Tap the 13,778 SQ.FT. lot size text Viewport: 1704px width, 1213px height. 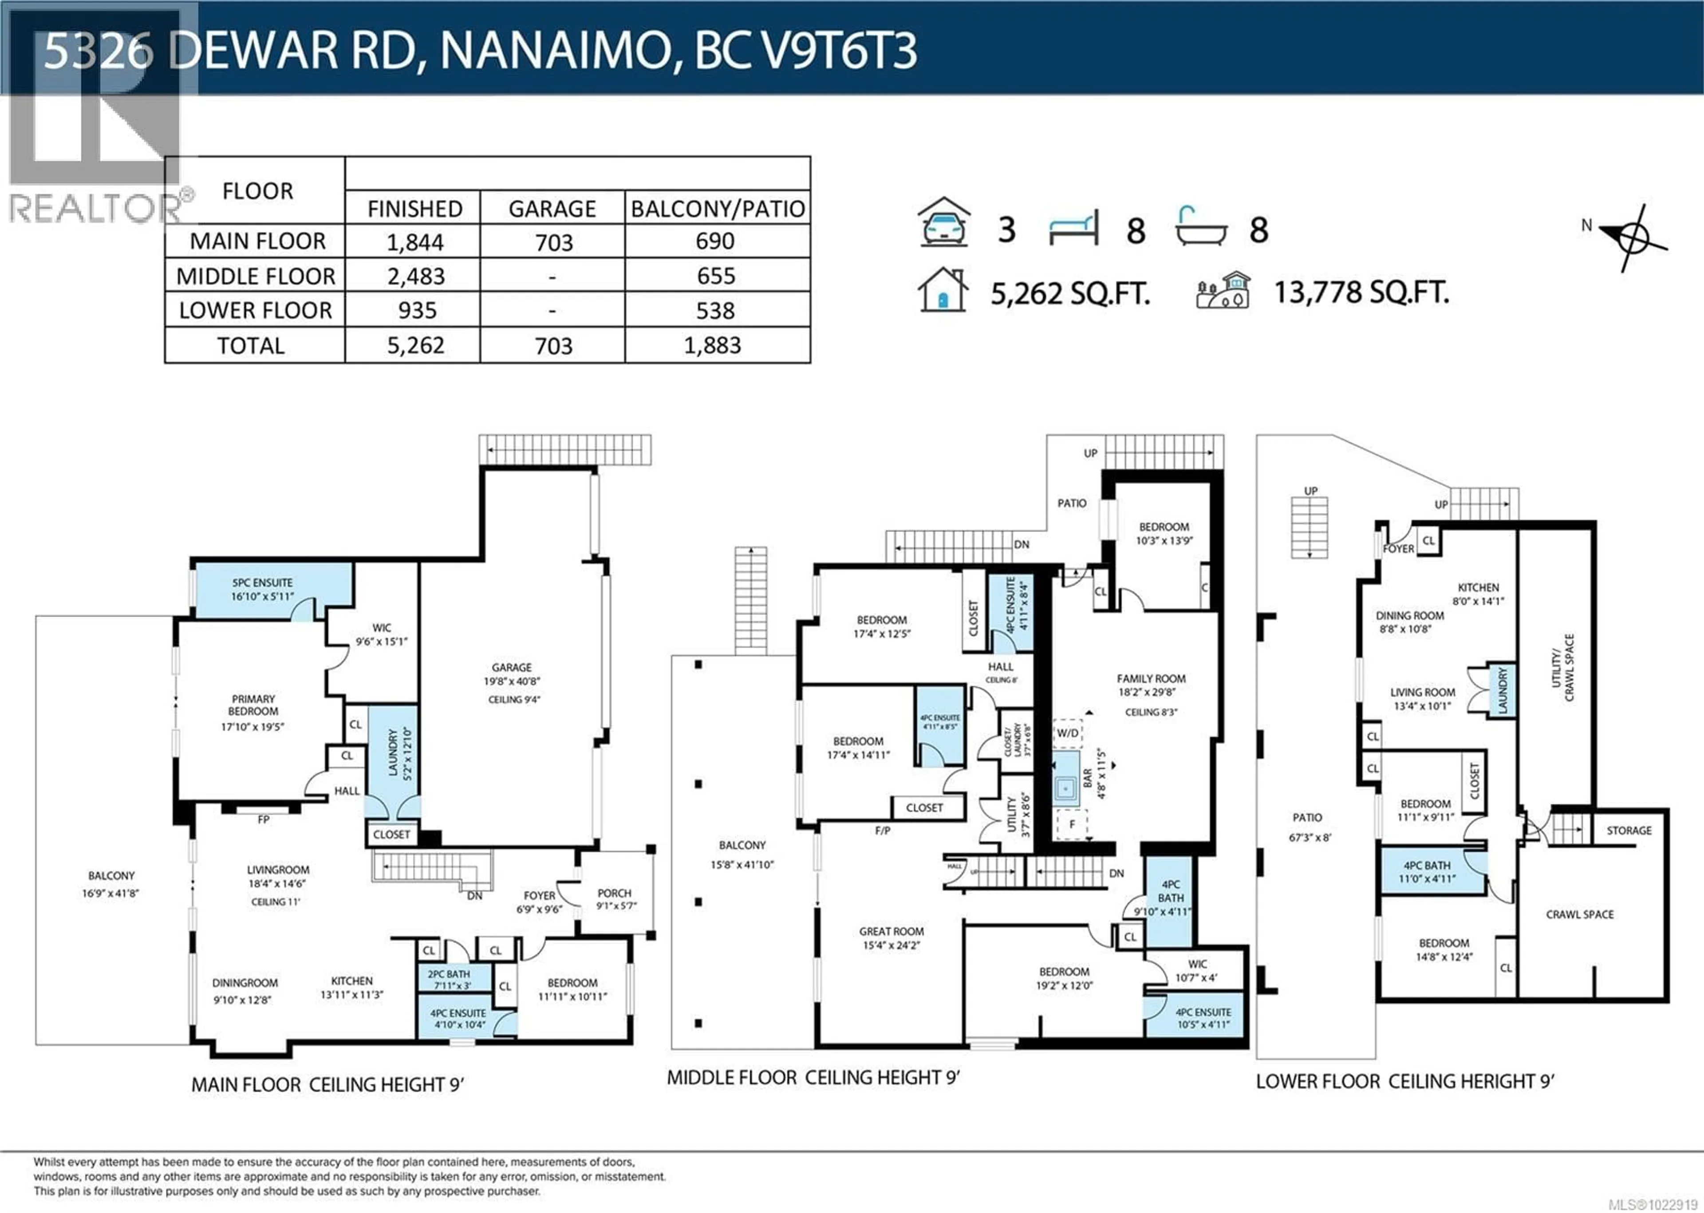1361,292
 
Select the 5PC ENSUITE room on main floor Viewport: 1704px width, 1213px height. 262,589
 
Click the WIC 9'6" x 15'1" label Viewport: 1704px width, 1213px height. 381,634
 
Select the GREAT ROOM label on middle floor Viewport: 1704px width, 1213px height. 891,937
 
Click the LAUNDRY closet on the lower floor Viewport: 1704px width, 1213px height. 1502,690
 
